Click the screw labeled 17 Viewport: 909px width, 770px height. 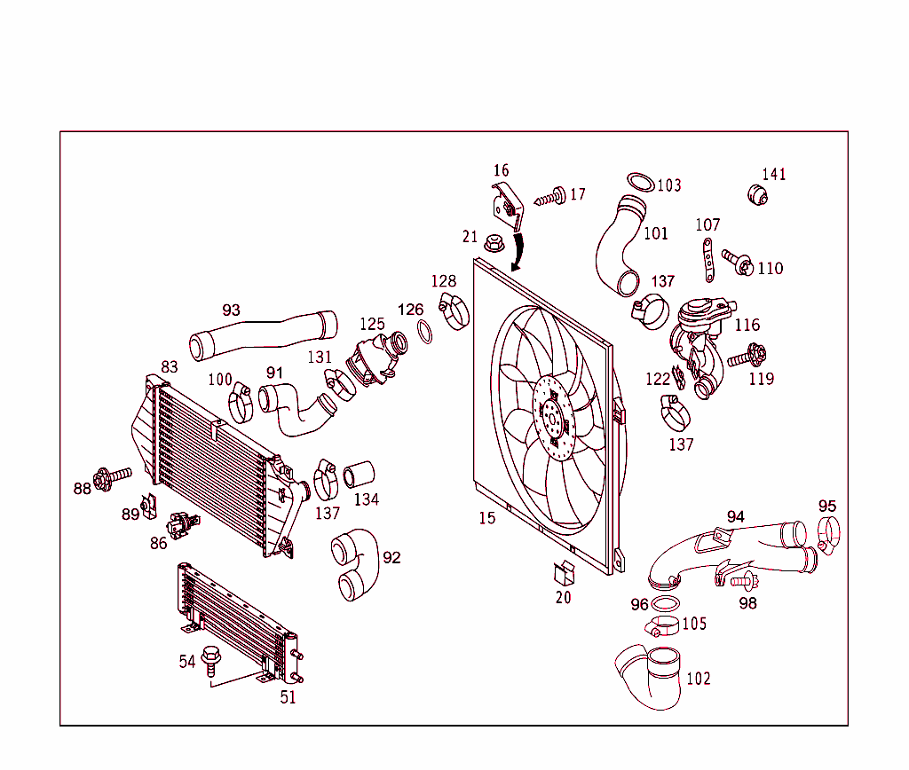tap(552, 196)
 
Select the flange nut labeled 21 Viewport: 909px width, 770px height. tap(493, 240)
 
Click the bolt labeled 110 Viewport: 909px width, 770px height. tap(739, 262)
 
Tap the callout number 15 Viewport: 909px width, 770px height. tap(486, 518)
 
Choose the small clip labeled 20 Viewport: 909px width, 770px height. tap(564, 574)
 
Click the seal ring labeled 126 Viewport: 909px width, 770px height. tap(425, 334)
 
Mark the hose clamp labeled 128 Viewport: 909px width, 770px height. tap(454, 310)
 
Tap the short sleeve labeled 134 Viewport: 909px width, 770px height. tap(359, 475)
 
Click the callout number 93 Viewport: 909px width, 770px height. tap(231, 310)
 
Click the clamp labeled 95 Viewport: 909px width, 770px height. tap(828, 535)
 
